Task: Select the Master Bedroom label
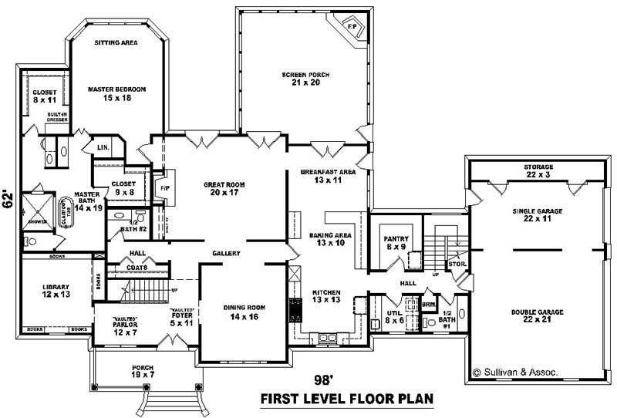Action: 116,93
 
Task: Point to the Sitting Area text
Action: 116,43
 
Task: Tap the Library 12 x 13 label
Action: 56,292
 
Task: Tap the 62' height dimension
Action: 9,200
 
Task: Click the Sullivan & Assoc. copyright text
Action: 515,372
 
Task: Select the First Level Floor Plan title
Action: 346,399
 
